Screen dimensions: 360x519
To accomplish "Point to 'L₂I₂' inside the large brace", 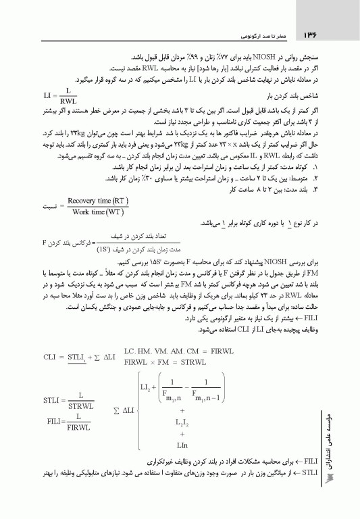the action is [x=182, y=422].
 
